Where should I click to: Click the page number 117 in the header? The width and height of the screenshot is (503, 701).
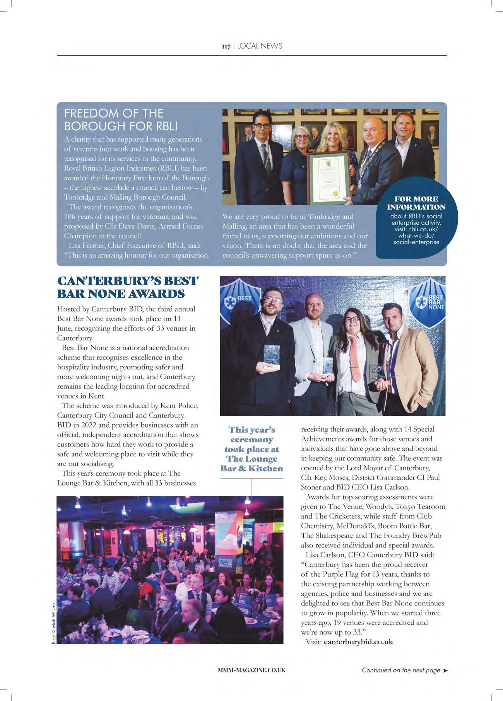pyautogui.click(x=226, y=46)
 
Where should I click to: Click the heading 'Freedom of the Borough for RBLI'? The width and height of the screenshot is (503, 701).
pyautogui.click(x=121, y=119)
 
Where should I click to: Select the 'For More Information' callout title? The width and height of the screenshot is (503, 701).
pyautogui.click(x=416, y=203)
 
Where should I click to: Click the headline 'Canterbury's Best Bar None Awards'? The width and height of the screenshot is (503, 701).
pyautogui.click(x=128, y=287)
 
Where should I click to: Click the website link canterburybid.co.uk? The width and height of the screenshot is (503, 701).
pyautogui.click(x=358, y=642)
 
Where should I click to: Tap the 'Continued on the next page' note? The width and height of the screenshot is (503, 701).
pyautogui.click(x=401, y=670)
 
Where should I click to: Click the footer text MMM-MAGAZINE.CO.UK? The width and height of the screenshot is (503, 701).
pyautogui.click(x=251, y=670)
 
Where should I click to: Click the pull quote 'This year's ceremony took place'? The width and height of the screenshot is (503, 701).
pyautogui.click(x=251, y=449)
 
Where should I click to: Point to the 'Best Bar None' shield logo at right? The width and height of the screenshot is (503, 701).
pyautogui.click(x=428, y=304)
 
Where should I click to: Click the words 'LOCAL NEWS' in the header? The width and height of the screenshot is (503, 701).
pyautogui.click(x=260, y=46)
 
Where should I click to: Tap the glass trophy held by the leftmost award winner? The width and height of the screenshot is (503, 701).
pyautogui.click(x=272, y=356)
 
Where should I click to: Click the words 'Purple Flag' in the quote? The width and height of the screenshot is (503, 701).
pyautogui.click(x=340, y=574)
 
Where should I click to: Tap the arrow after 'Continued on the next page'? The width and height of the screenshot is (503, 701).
pyautogui.click(x=445, y=670)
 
